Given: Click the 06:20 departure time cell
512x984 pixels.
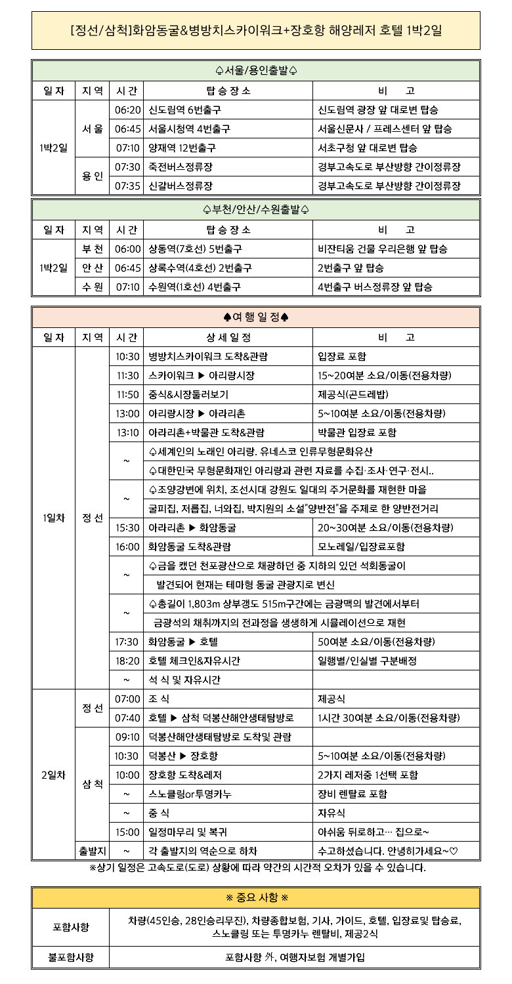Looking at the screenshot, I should (x=128, y=110).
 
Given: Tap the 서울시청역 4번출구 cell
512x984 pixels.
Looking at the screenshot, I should (x=189, y=129).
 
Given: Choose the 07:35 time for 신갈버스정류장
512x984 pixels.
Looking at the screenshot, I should (x=128, y=186).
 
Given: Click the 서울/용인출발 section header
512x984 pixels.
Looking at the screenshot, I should (x=256, y=70).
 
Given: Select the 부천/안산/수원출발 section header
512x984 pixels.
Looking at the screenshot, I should (x=256, y=210).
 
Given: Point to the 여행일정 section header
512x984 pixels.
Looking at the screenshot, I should (x=256, y=318).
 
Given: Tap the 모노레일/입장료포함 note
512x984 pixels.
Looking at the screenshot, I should (x=361, y=546).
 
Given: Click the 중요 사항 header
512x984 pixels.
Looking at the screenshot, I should (x=256, y=897).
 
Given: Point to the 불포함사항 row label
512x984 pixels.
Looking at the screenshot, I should (x=71, y=957).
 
